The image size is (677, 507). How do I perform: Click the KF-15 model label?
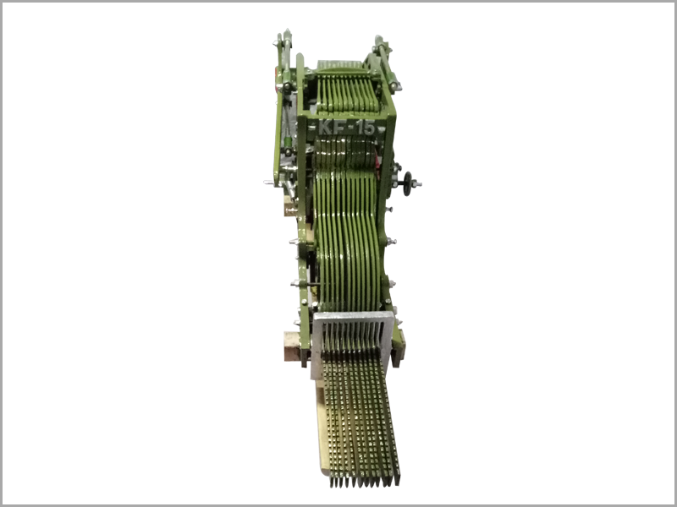click(347, 128)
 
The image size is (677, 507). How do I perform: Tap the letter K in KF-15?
click(325, 128)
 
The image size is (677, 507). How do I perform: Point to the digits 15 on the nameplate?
click(366, 128)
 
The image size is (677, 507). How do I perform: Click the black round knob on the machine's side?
click(407, 183)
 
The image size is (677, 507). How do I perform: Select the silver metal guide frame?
click(352, 341)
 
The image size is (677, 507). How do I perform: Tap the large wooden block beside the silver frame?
click(292, 347)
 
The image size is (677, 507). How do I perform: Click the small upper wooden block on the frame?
click(289, 205)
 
